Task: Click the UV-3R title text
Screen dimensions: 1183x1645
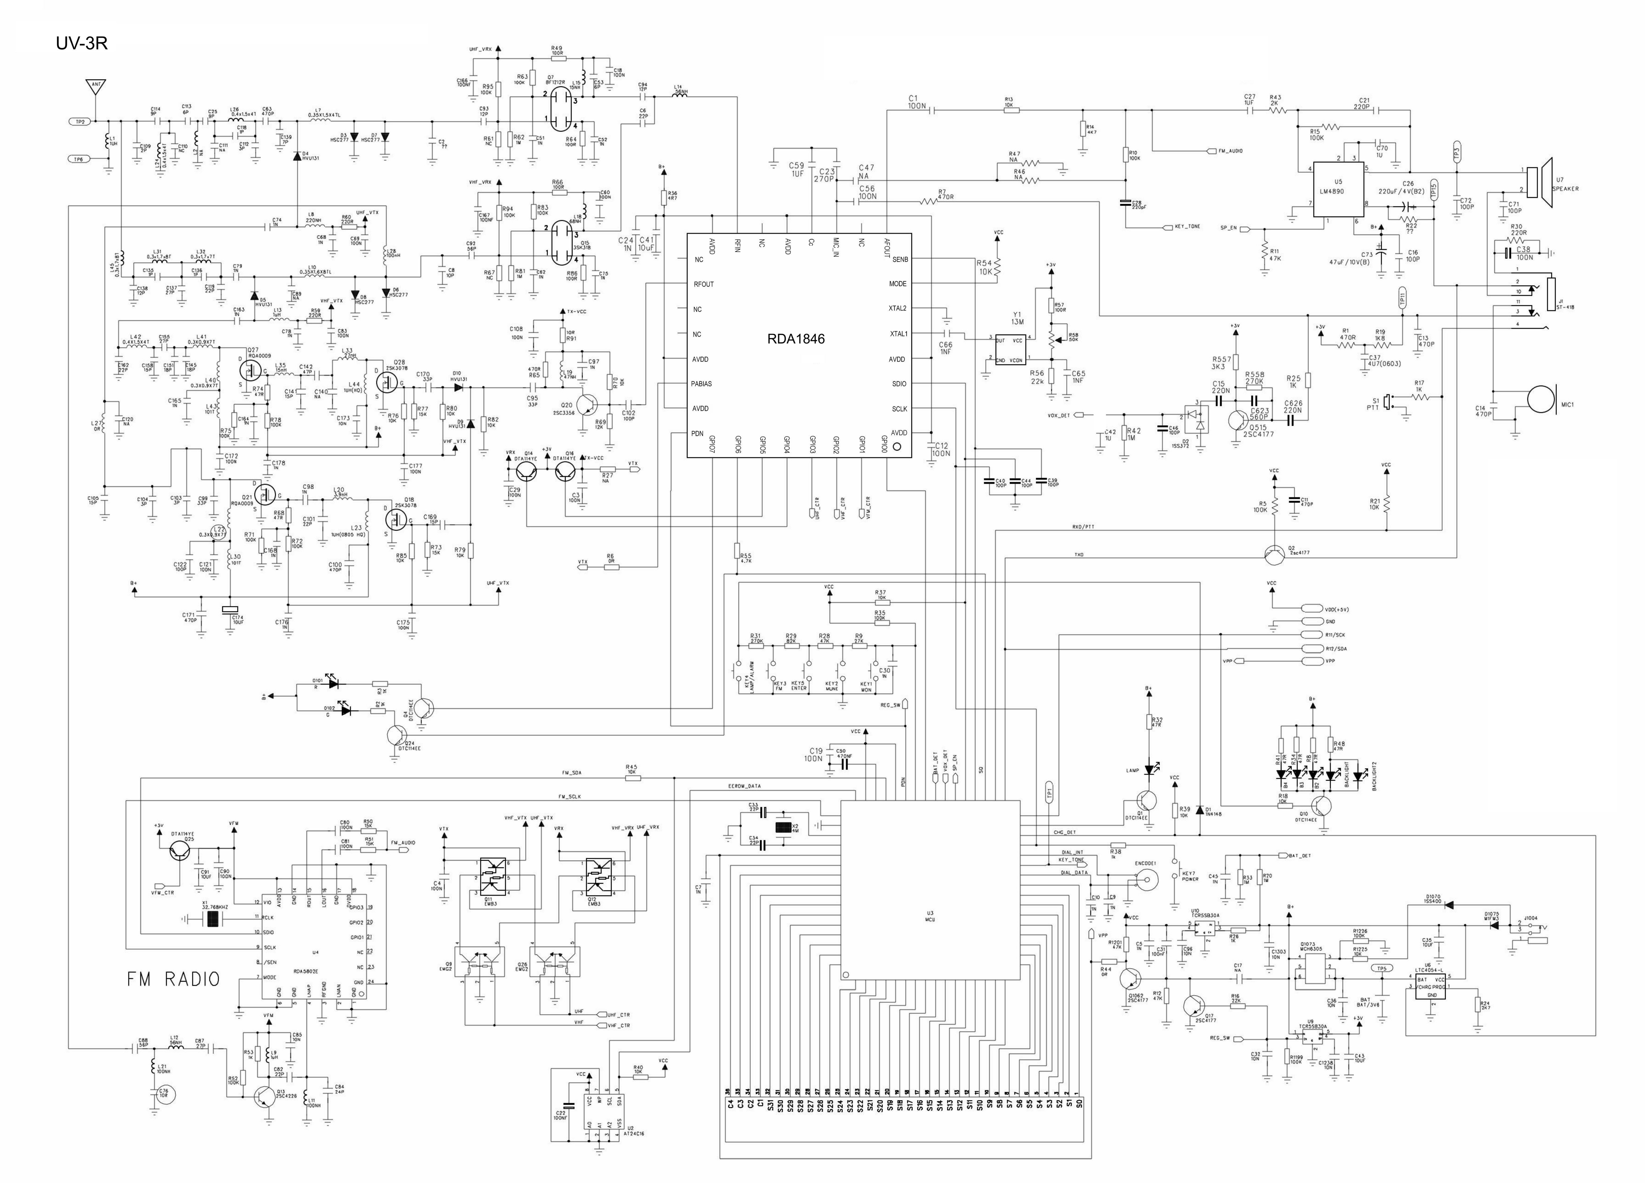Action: click(x=81, y=44)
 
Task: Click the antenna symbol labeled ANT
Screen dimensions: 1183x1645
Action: click(x=95, y=87)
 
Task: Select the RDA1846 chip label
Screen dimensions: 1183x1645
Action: click(x=796, y=339)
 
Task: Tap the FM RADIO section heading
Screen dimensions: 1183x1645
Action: click(x=173, y=979)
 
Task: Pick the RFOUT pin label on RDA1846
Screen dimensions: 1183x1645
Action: click(x=704, y=284)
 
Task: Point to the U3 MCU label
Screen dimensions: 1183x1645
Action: click(x=930, y=917)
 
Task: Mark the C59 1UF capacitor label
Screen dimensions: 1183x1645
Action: click(x=796, y=170)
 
